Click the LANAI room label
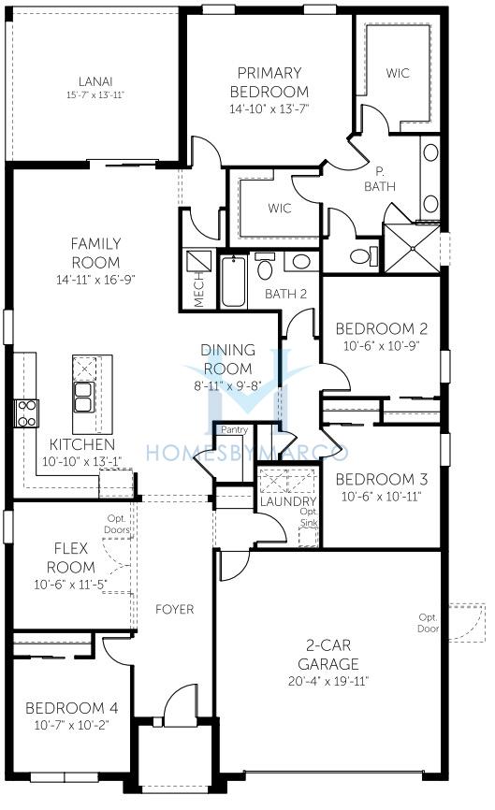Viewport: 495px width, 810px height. [x=95, y=81]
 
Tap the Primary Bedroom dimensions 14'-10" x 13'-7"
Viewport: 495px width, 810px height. [x=269, y=109]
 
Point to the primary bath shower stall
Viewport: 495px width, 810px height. [x=413, y=249]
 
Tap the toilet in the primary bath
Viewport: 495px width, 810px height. [x=363, y=255]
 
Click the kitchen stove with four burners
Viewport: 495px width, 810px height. [x=26, y=413]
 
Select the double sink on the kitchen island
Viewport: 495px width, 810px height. [x=83, y=397]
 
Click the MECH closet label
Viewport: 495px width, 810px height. [x=199, y=290]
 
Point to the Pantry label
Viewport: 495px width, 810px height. [x=235, y=429]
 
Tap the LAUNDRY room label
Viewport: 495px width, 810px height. [x=288, y=501]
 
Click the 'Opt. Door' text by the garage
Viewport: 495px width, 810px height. [x=429, y=623]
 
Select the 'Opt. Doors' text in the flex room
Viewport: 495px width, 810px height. [x=117, y=524]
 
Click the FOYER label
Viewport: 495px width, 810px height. [x=175, y=610]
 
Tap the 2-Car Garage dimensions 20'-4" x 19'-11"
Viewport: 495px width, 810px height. [x=328, y=681]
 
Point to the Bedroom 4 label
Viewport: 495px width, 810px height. [x=72, y=708]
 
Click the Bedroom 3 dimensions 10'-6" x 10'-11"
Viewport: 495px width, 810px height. [x=382, y=497]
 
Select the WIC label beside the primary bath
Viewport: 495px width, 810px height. [x=398, y=73]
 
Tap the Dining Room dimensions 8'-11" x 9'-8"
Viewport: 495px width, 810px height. [x=228, y=385]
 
